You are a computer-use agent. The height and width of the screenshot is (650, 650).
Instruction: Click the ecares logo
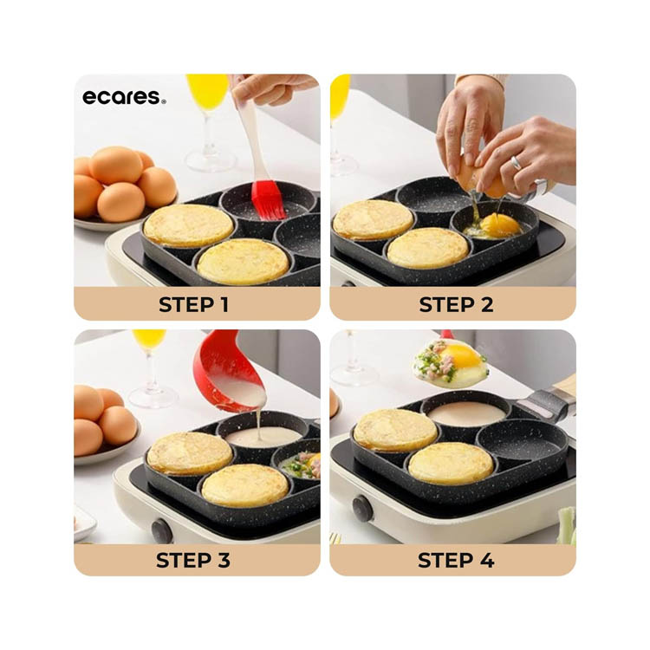pyautogui.click(x=124, y=97)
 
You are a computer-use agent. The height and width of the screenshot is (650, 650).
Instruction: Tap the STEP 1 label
pyautogui.click(x=193, y=305)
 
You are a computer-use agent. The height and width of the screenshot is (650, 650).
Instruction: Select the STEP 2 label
pyautogui.click(x=456, y=305)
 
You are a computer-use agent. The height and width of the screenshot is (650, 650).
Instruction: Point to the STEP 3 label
pyautogui.click(x=193, y=561)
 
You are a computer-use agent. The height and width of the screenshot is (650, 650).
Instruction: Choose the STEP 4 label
pyautogui.click(x=456, y=561)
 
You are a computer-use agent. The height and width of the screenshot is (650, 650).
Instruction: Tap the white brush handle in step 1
pyautogui.click(x=251, y=137)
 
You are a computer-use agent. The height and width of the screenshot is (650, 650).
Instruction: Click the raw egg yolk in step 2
pyautogui.click(x=501, y=225)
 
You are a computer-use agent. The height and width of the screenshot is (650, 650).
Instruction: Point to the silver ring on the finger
pyautogui.click(x=516, y=162)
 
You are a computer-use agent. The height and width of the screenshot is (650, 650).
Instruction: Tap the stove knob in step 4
pyautogui.click(x=362, y=507)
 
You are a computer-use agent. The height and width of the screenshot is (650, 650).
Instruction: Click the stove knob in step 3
pyautogui.click(x=162, y=531)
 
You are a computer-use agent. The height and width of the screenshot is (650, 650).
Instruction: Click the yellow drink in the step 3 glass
pyautogui.click(x=149, y=338)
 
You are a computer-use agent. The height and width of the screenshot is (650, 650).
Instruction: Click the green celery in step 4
pyautogui.click(x=567, y=526)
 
